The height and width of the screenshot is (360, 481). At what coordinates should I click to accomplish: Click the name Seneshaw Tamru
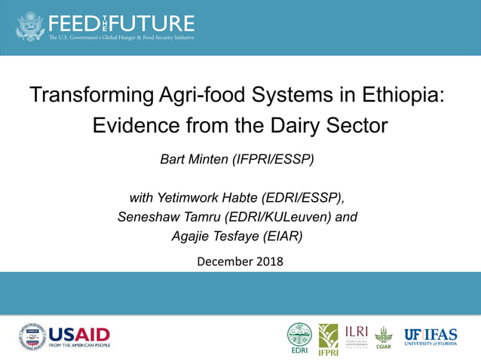pyautogui.click(x=164, y=218)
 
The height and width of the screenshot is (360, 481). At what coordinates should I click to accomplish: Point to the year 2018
pyautogui.click(x=270, y=262)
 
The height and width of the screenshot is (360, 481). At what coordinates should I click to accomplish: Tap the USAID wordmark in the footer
pyautogui.click(x=78, y=334)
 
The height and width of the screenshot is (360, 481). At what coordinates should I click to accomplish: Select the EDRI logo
pyautogui.click(x=299, y=337)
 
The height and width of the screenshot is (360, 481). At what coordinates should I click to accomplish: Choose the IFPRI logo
pyautogui.click(x=328, y=338)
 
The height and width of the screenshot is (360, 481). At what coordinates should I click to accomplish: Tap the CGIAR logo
pyautogui.click(x=384, y=337)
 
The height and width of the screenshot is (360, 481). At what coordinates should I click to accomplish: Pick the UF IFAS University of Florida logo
pyautogui.click(x=430, y=335)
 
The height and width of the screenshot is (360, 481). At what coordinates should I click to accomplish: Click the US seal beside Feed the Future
pyautogui.click(x=29, y=26)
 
